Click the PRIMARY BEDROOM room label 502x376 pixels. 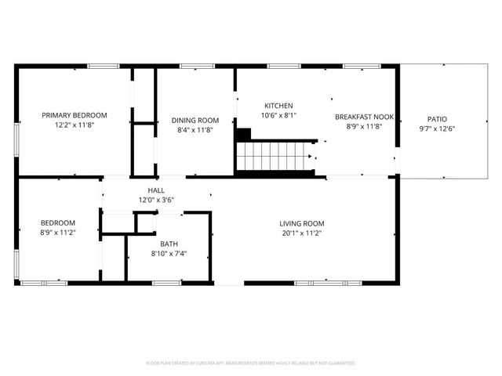coord(75,115)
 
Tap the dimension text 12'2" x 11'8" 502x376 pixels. coord(75,125)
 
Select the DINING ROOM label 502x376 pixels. coord(195,120)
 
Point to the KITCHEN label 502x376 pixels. coord(278,106)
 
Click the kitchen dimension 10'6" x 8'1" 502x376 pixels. coord(278,115)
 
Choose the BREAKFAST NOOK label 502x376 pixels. coord(364,116)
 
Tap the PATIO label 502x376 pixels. coord(437,119)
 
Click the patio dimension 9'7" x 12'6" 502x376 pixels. coord(437,128)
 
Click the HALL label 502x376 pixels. coord(157,190)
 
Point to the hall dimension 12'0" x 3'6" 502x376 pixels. coord(157,200)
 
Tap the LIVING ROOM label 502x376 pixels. coord(303,223)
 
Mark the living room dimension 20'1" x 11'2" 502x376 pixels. coord(303,233)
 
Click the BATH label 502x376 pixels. coord(169,244)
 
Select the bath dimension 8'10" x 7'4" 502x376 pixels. coord(169,253)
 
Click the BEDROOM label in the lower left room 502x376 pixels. coord(59,222)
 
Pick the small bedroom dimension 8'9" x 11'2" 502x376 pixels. coord(59,232)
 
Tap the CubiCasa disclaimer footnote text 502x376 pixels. coord(251,363)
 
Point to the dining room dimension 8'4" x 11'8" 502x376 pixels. coord(195,130)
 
